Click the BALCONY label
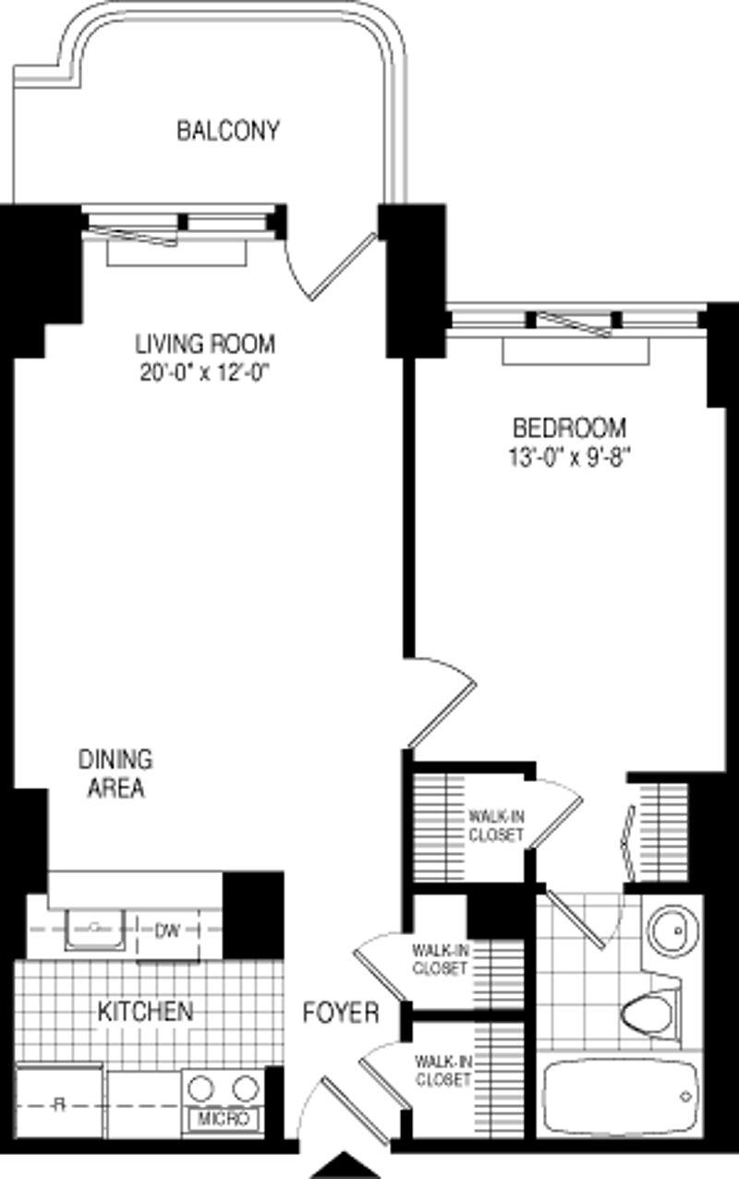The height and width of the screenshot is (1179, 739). point(227,131)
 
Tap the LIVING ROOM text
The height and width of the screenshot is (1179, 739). point(205,345)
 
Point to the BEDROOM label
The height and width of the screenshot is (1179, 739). point(569,428)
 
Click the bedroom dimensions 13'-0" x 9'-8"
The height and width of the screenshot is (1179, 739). point(569,456)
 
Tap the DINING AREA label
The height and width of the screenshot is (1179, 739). point(115,774)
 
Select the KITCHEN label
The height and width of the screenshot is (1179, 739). point(146,1011)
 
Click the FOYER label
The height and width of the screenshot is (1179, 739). point(341,1013)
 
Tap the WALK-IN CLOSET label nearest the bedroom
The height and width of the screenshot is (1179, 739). point(496,825)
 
